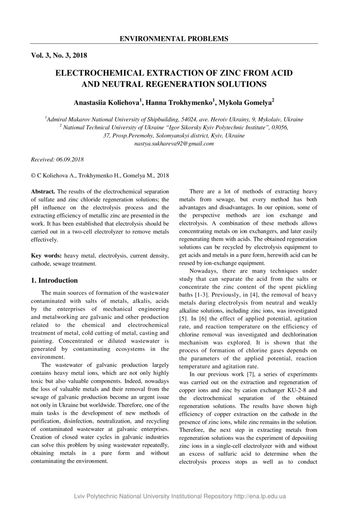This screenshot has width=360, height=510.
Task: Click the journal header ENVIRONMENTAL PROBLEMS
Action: [x=174, y=39]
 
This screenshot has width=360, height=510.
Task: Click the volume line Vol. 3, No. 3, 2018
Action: [x=59, y=55]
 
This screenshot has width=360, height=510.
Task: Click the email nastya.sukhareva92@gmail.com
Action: [x=174, y=144]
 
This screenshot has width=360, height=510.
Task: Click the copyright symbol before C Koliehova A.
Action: [x=34, y=176]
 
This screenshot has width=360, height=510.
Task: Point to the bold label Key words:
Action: [x=47, y=256]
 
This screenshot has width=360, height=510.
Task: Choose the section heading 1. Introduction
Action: [x=54, y=280]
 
